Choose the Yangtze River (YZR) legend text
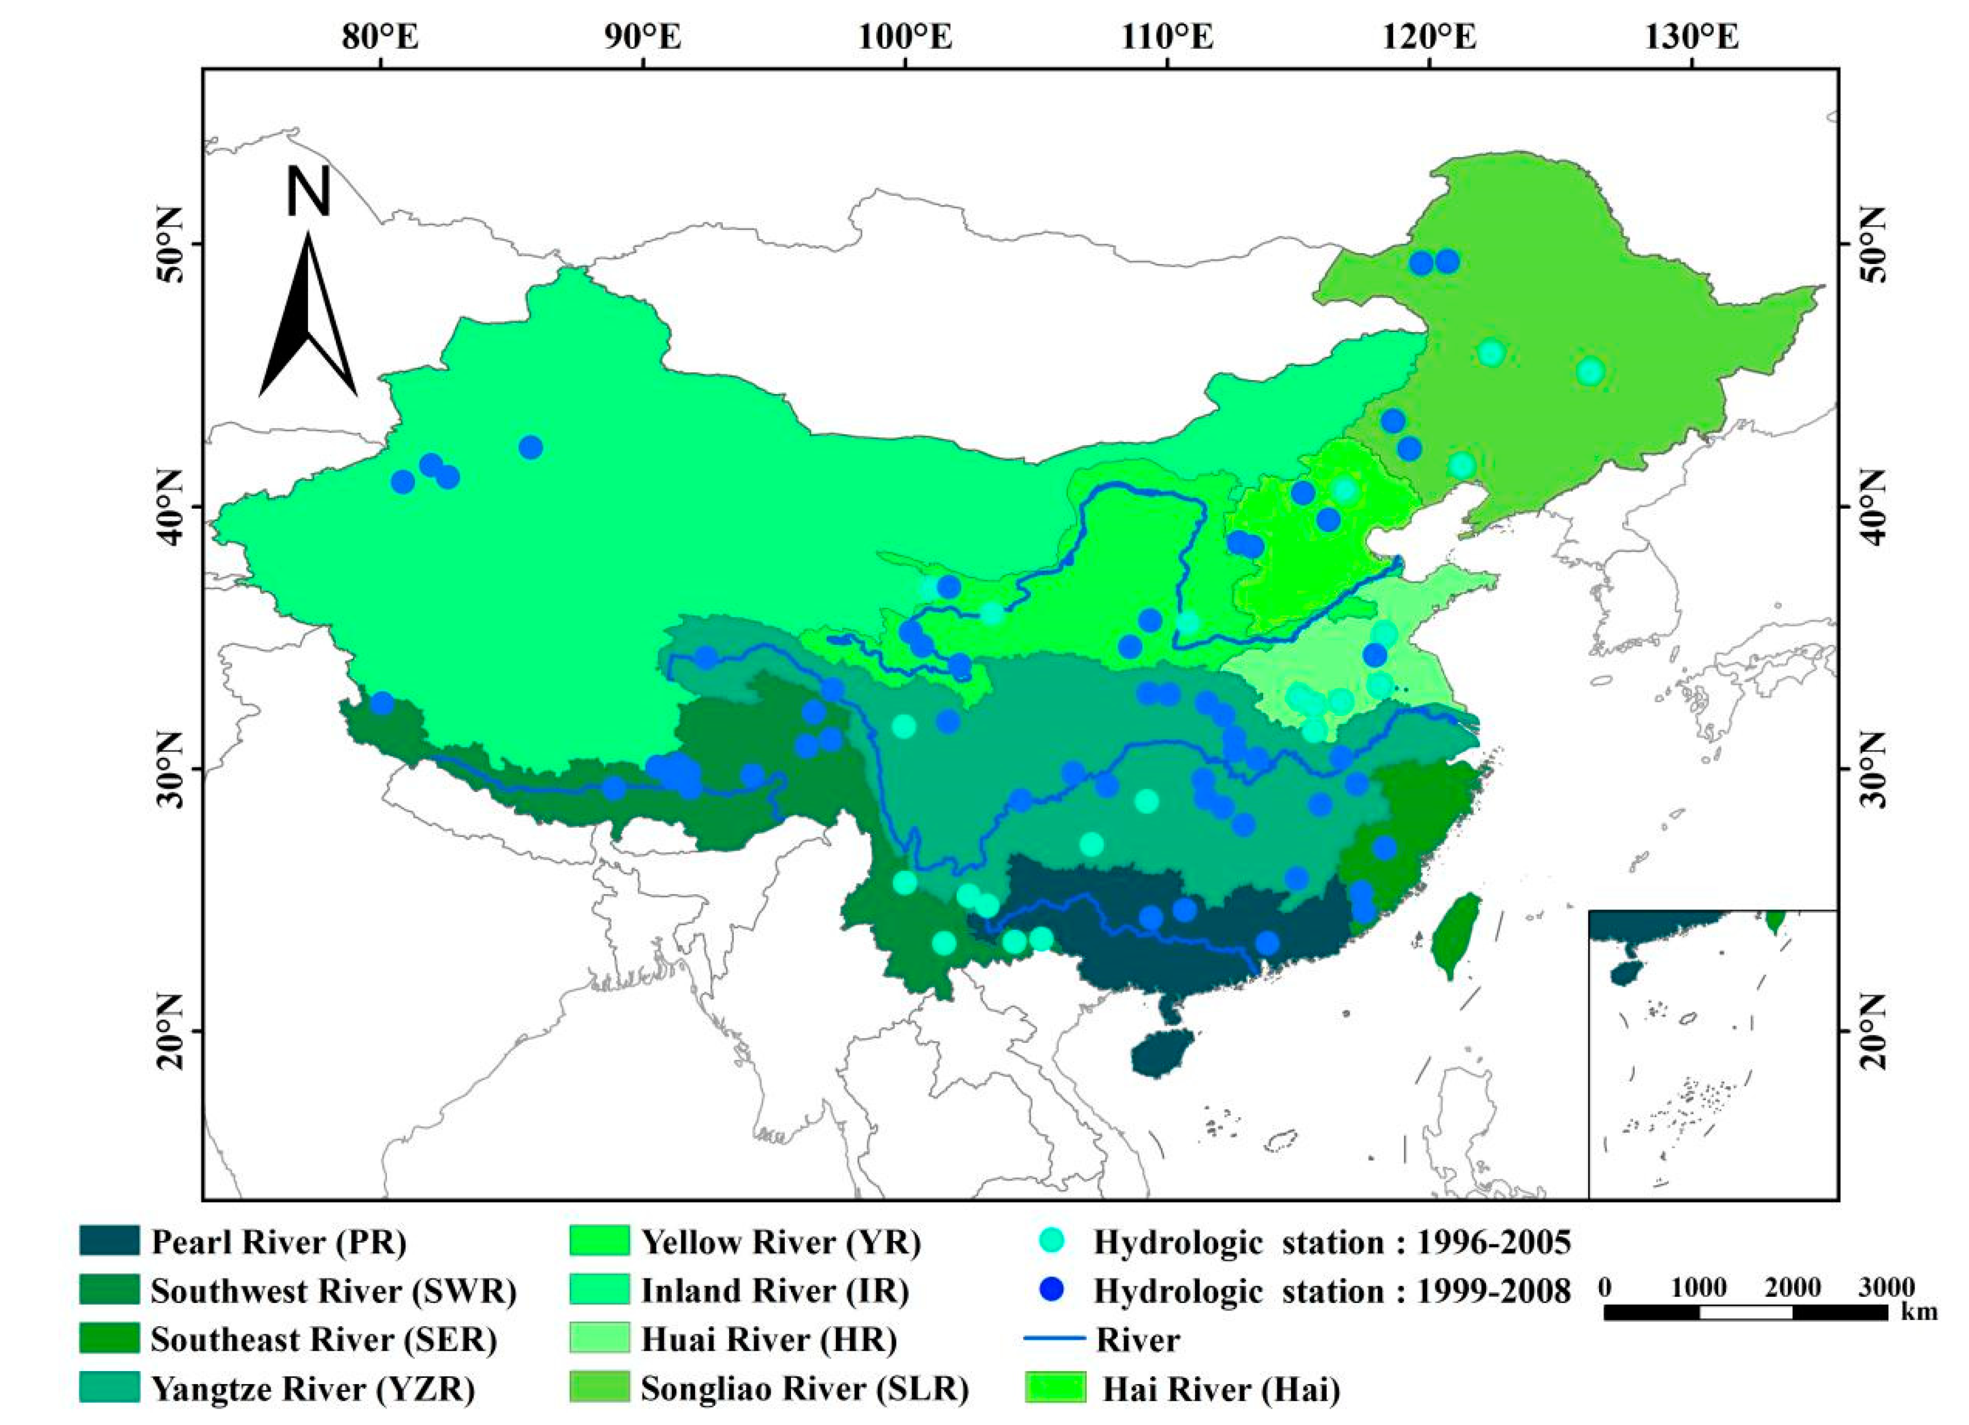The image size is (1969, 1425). click(313, 1389)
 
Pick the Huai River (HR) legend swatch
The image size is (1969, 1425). click(599, 1340)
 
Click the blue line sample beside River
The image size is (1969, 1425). click(1055, 1340)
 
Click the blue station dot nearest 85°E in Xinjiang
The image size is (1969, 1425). click(531, 447)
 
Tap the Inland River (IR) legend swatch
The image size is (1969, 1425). click(599, 1291)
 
